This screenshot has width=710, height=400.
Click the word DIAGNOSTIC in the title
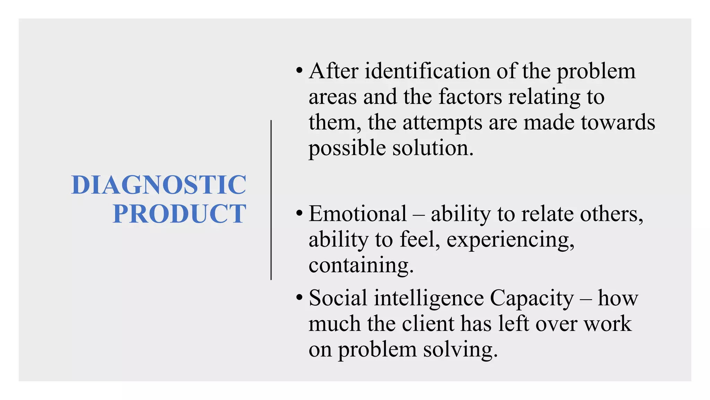click(x=159, y=185)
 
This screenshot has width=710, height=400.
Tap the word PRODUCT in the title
click(x=179, y=214)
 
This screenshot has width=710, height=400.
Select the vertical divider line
click(x=271, y=200)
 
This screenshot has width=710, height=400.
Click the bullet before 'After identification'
click(x=300, y=71)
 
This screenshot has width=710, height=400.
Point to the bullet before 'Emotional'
click(x=300, y=213)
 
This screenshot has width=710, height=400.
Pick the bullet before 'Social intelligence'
click(x=300, y=298)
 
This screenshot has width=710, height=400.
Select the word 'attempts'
click(x=442, y=123)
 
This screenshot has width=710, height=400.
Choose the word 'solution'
click(x=433, y=148)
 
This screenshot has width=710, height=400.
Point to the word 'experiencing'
click(x=510, y=240)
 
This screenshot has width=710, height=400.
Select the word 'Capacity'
click(x=532, y=298)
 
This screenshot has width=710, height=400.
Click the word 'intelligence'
click(x=428, y=298)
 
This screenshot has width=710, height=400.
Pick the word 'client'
click(x=428, y=324)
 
